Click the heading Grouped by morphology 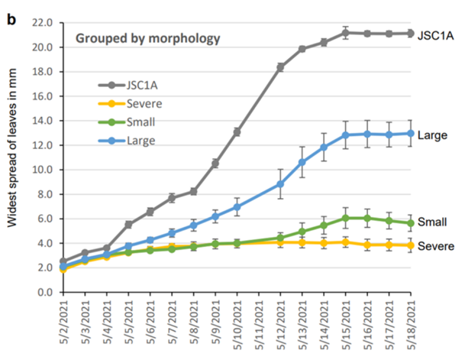(147, 38)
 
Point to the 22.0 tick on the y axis (41, 23)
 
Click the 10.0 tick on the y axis (41, 170)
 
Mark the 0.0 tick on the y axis (44, 292)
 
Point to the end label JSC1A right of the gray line (438, 34)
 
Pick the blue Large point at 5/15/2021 (346, 135)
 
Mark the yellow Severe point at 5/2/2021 (63, 269)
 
